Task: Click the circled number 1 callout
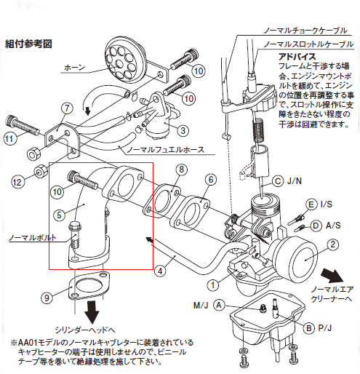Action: [x=212, y=285]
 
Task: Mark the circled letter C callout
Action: [x=278, y=180]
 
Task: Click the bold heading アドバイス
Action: [x=296, y=55]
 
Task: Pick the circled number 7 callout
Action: [x=65, y=109]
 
